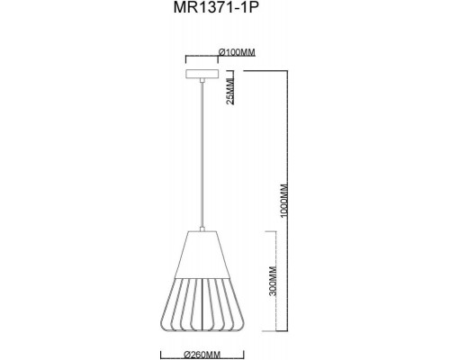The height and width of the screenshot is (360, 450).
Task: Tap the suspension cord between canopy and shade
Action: pyautogui.click(x=203, y=153)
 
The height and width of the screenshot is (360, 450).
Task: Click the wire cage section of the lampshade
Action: pyautogui.click(x=203, y=306)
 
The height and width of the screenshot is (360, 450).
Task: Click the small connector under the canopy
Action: pyautogui.click(x=203, y=84)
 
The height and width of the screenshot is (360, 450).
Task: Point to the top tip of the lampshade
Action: pyautogui.click(x=203, y=230)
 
